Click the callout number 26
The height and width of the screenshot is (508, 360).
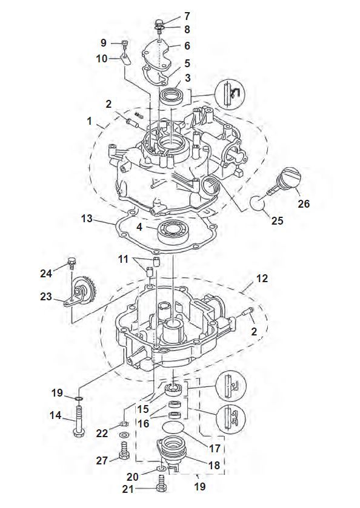(x=304, y=205)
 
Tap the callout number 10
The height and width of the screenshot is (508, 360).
(x=102, y=58)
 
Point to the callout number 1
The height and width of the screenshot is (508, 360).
(x=90, y=121)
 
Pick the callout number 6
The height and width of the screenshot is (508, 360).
(x=187, y=46)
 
